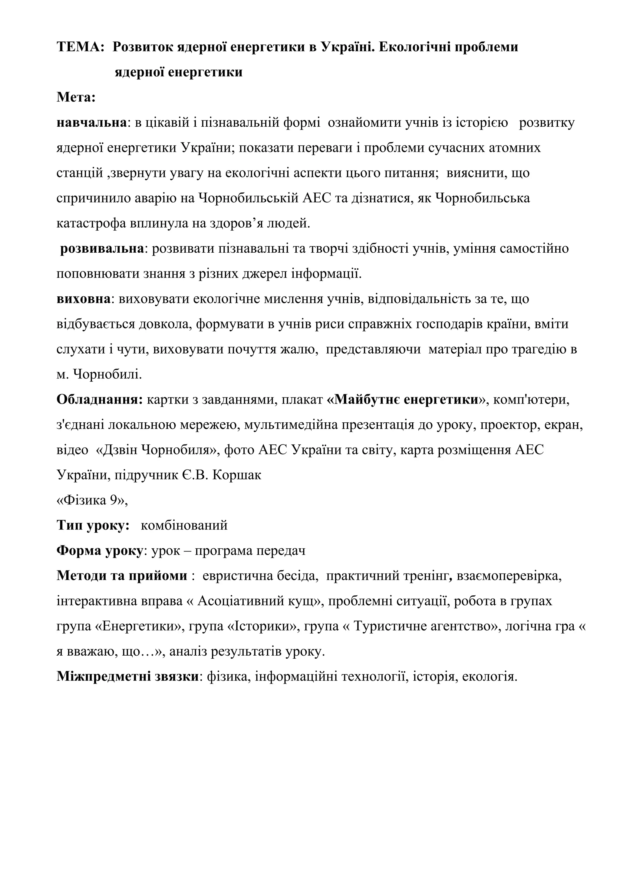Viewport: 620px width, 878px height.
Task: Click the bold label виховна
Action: (x=83, y=299)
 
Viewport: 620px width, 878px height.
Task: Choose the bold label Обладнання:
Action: (x=99, y=400)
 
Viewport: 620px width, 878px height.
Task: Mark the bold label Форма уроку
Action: (x=99, y=551)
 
